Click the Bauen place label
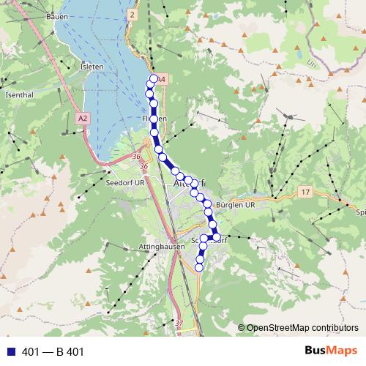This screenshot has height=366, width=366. click(56, 16)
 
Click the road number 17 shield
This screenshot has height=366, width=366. click(305, 191)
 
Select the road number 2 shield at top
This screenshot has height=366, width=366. click(132, 14)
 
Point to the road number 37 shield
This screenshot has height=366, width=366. click(179, 323)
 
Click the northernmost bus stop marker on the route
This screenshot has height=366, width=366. click(154, 79)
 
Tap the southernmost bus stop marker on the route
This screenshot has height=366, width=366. click(199, 268)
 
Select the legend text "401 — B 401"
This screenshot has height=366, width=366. click(53, 351)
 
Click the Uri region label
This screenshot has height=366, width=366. click(314, 63)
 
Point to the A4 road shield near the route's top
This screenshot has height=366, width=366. click(163, 78)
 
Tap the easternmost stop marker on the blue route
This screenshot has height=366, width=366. click(216, 236)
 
